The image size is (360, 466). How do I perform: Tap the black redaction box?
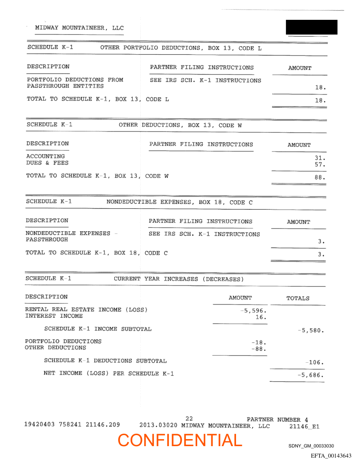pos(311,27)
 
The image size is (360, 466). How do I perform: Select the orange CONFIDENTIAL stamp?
pos(180,440)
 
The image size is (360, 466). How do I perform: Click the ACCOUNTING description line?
pos(45,156)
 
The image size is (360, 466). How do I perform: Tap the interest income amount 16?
pos(261,317)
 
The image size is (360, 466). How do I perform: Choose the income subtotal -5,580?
pos(311,330)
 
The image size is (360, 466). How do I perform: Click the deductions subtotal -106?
pos(315,363)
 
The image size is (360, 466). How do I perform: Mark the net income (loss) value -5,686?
pos(311,376)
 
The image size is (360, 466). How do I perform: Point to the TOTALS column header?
pos(298,298)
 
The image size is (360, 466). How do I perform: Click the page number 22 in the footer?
pos(189,418)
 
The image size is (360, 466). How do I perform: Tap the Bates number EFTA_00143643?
pos(331,455)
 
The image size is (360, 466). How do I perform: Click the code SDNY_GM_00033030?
pos(311,446)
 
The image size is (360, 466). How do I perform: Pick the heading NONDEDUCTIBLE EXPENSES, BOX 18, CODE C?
pos(180,203)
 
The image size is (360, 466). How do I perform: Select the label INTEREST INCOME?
pos(54,316)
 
